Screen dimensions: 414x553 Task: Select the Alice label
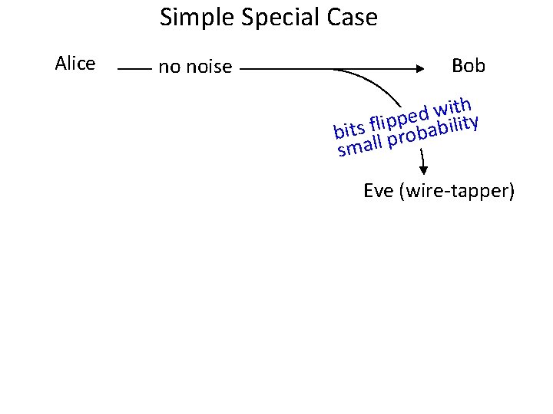75,64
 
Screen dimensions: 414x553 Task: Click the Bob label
469,66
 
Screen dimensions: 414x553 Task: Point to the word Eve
378,190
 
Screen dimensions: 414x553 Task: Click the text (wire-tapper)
457,191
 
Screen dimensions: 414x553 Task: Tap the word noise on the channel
208,67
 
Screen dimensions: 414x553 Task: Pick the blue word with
452,106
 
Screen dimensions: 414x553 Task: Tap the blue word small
360,145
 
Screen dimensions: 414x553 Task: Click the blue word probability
434,131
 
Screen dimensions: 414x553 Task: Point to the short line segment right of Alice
135,68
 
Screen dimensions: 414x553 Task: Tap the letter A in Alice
61,64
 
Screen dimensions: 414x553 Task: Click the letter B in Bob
458,66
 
